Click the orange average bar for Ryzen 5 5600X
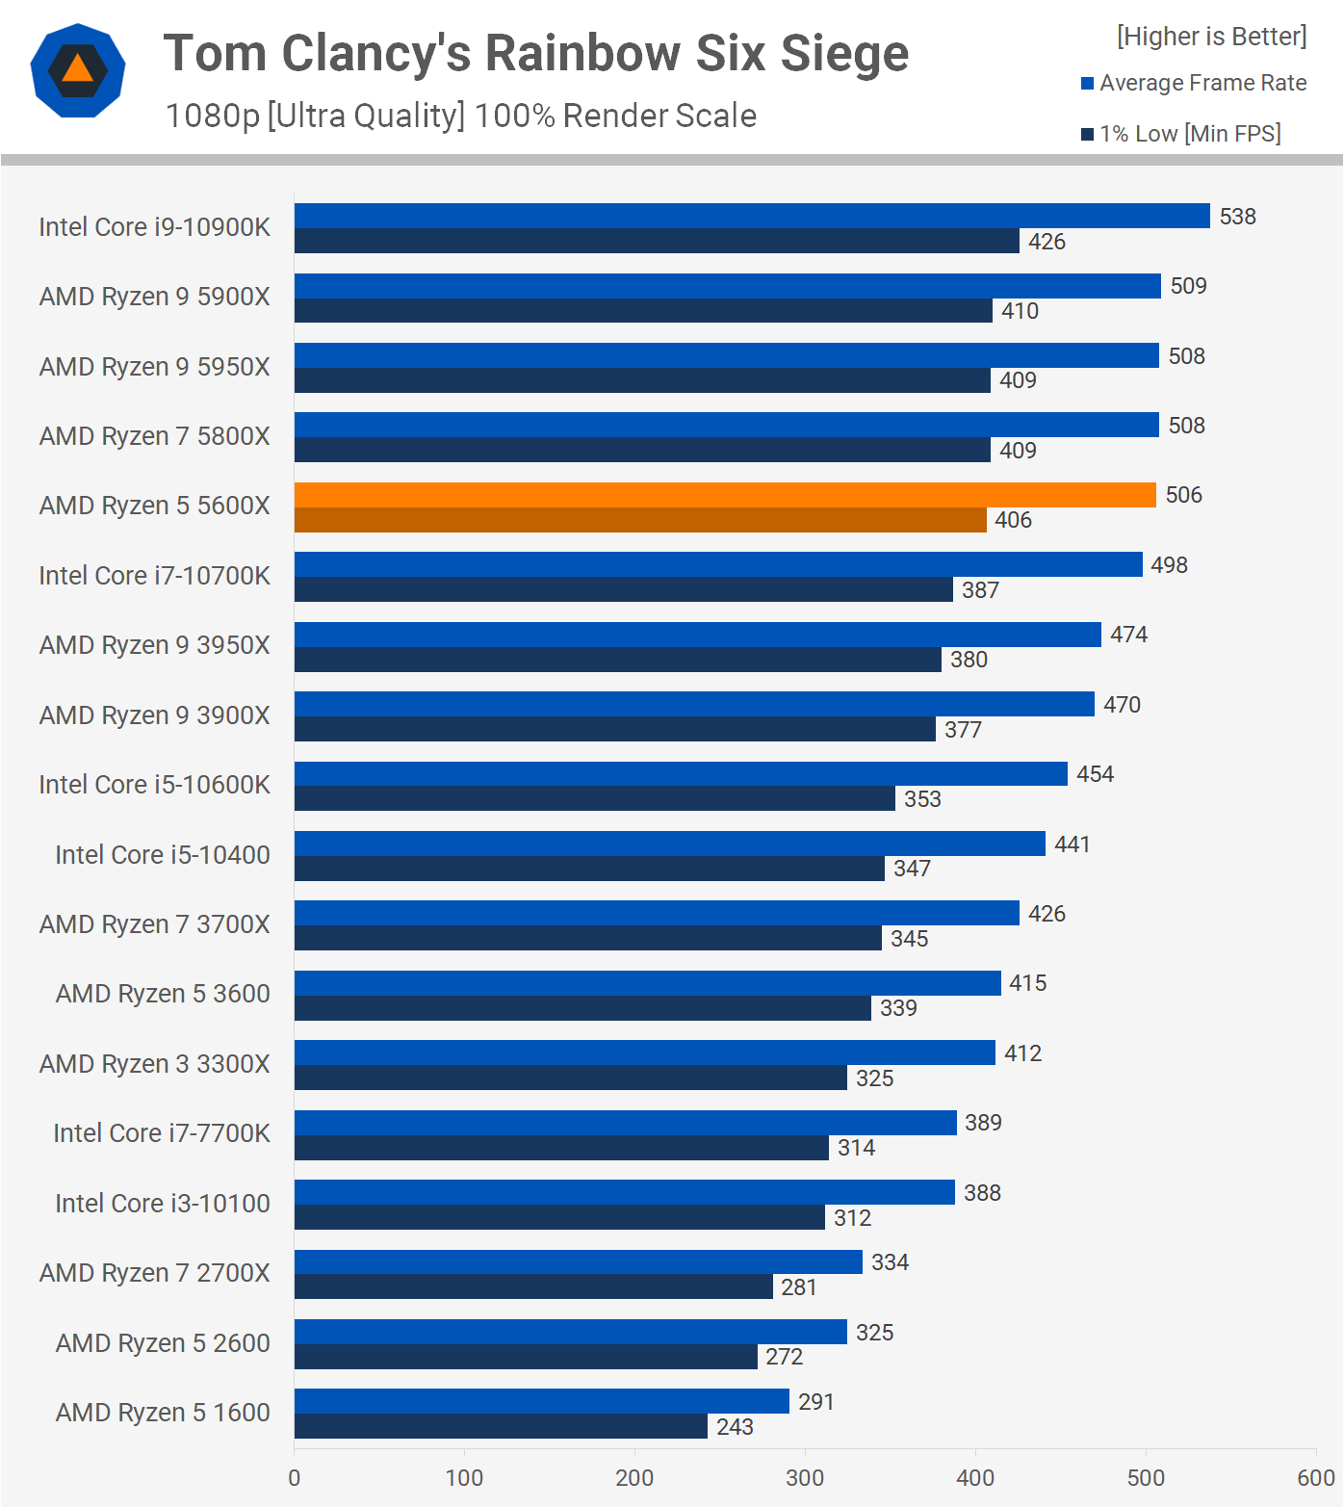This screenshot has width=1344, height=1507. [x=725, y=495]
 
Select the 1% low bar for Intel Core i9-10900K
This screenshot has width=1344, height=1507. [x=657, y=241]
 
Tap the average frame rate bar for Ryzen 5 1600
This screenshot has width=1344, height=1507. [x=541, y=1401]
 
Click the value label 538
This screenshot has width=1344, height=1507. [x=1237, y=217]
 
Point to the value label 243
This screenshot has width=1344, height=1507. [x=735, y=1427]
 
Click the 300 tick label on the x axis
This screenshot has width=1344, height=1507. [x=805, y=1478]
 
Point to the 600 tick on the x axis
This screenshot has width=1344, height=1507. [x=1315, y=1478]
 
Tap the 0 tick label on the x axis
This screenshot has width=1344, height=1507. [x=295, y=1478]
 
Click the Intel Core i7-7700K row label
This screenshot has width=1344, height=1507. [x=162, y=1133]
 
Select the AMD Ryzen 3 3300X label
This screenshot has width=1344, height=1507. [x=154, y=1064]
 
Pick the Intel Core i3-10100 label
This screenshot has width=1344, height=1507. [x=162, y=1204]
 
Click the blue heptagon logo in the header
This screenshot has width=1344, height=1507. [x=78, y=70]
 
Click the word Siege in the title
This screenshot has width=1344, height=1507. [x=843, y=53]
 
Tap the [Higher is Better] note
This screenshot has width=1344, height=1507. [x=1211, y=37]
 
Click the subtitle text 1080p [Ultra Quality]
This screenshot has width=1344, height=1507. [x=315, y=116]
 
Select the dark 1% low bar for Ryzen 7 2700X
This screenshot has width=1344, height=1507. [x=533, y=1286]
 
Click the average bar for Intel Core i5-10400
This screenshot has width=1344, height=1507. [x=669, y=844]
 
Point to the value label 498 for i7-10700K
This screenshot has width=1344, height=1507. [x=1169, y=565]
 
